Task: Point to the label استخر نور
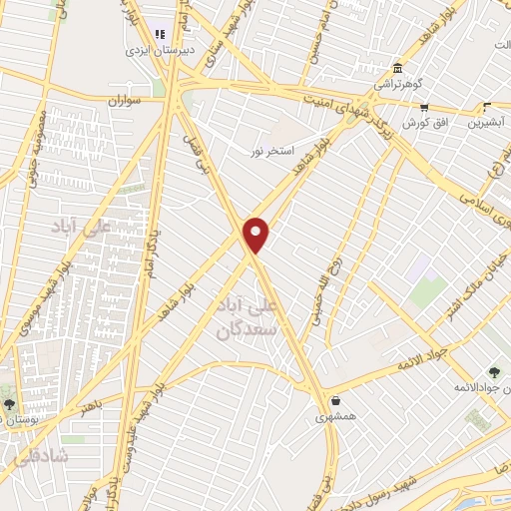[x=272, y=151]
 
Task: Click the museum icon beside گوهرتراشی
[x=398, y=67]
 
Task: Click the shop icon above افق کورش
[x=424, y=107]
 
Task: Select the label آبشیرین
[x=486, y=123]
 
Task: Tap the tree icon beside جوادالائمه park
[x=493, y=371]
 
